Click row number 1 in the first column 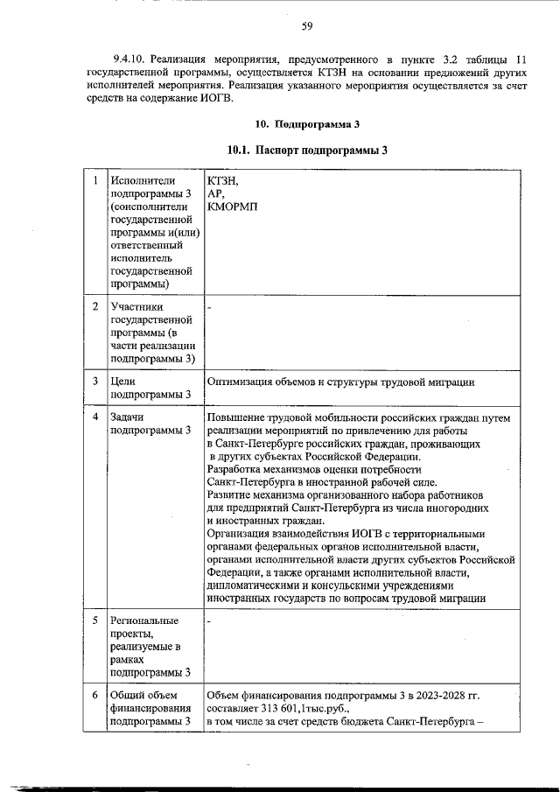[94, 180]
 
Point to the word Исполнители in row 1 [138, 180]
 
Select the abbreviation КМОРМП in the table [234, 207]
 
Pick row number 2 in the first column [94, 306]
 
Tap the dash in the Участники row [210, 307]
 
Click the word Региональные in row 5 [142, 620]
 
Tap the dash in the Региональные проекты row [210, 621]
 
